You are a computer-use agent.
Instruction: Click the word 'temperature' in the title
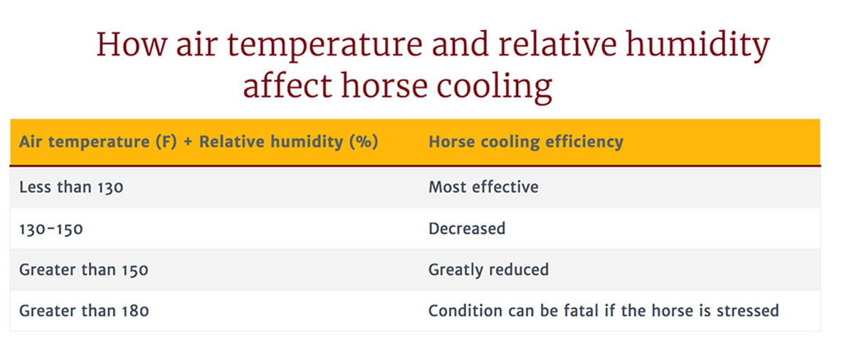[x=325, y=47]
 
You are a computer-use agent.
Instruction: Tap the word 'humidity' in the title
[x=697, y=46]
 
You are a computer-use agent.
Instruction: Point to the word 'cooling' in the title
[x=495, y=88]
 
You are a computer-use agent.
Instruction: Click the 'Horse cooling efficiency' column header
[x=526, y=142]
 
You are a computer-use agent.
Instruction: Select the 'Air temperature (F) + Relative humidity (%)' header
[x=199, y=142]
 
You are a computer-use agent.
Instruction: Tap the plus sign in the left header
[x=188, y=142]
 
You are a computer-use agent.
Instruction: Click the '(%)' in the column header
[x=364, y=142]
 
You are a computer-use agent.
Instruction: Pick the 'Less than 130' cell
[x=71, y=187]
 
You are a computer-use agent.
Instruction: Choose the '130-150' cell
[x=51, y=229]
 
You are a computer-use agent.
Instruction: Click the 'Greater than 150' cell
[x=84, y=270]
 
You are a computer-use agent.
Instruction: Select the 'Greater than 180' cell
[x=84, y=311]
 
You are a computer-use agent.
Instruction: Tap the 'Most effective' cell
[x=483, y=187]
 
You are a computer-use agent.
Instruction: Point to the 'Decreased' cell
[x=467, y=228]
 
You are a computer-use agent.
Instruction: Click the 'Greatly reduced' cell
[x=489, y=270]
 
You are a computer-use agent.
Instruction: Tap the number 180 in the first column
[x=135, y=311]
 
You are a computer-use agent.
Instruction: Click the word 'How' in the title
[x=132, y=45]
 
